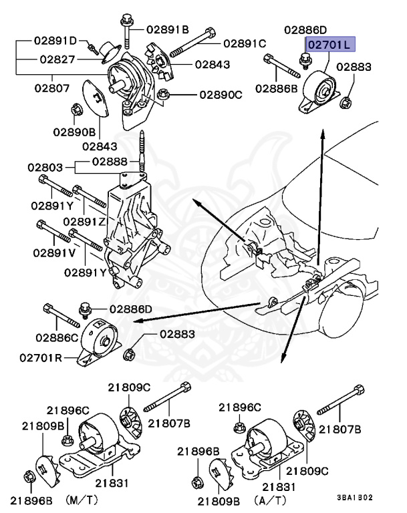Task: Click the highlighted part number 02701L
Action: pos(331,44)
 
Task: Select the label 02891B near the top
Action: pos(168,30)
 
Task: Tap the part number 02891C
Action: pos(245,43)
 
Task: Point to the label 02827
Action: pos(57,59)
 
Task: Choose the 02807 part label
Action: pos(52,88)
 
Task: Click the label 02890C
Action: pos(221,95)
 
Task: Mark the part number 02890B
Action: pos(74,132)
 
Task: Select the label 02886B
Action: pos(277,88)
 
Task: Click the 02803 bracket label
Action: pos(45,168)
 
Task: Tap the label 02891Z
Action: pos(84,222)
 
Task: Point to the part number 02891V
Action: pos(54,253)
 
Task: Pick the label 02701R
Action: pos(41,357)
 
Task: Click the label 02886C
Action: pos(57,337)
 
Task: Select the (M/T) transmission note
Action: pos(82,500)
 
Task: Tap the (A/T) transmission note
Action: pos(270,500)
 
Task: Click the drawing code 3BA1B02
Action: pos(355,498)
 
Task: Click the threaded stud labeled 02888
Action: pos(142,151)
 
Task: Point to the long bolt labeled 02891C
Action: pos(192,43)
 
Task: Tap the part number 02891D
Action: pos(55,41)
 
